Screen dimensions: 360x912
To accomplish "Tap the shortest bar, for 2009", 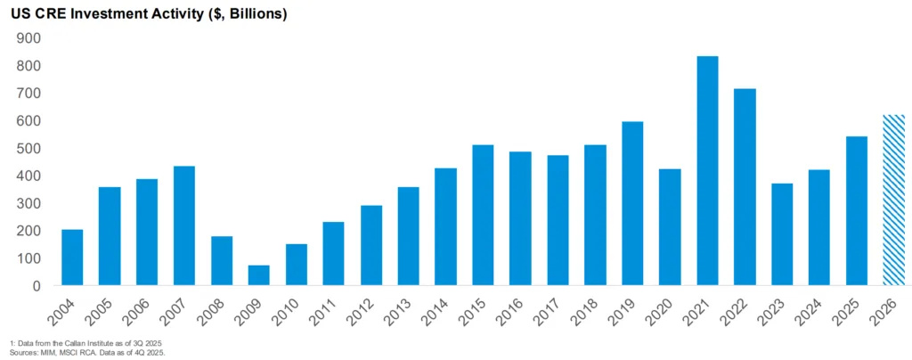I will pos(259,275).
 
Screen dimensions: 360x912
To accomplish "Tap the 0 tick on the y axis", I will pos(38,286).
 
